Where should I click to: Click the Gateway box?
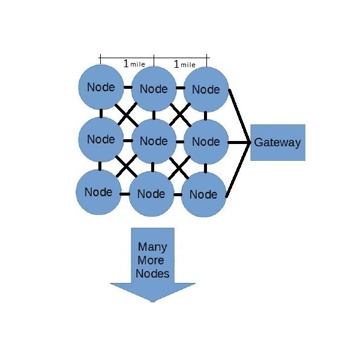277,143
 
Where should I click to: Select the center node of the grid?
154,141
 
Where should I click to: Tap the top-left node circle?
101,87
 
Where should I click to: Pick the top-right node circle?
206,89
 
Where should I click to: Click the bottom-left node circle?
98,192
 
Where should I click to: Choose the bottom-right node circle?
203,194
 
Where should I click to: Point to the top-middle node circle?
154,89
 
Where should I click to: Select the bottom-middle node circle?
151,194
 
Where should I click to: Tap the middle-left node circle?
101,139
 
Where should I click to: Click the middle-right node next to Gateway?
206,142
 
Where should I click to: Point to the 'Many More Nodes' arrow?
153,264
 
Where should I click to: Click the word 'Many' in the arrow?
152,247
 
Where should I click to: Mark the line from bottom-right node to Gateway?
239,169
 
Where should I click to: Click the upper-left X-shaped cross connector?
127,113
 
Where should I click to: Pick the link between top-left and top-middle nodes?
127,88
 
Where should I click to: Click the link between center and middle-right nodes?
179,142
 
